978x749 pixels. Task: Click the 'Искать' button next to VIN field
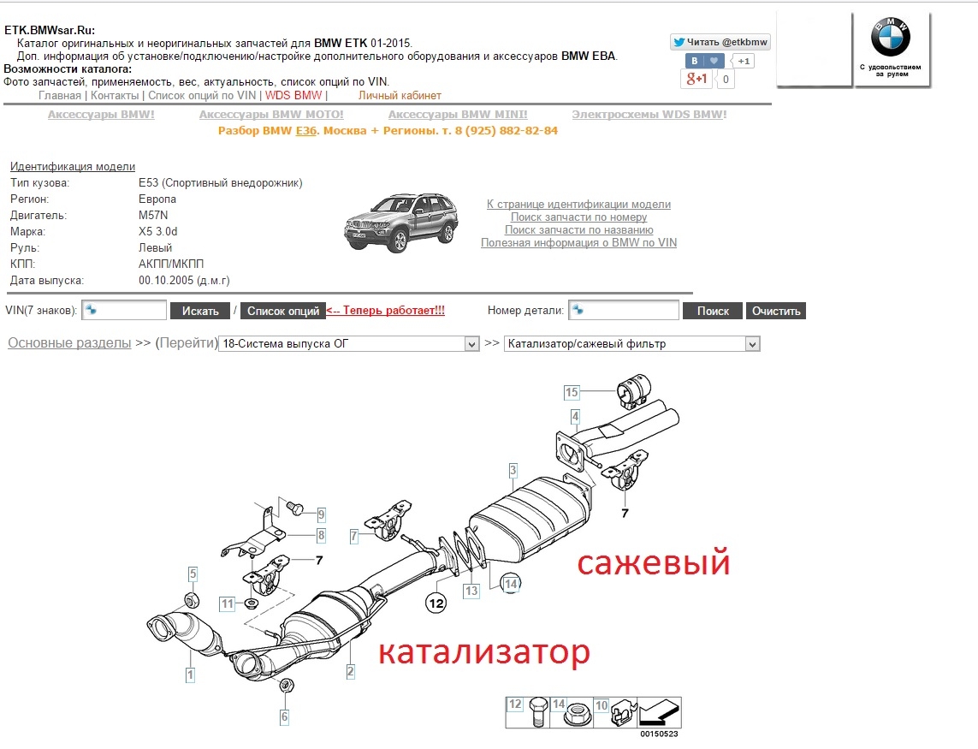tap(200, 311)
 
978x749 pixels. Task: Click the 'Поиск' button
tap(712, 311)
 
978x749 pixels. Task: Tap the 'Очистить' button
tap(776, 311)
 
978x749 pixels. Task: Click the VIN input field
tap(124, 310)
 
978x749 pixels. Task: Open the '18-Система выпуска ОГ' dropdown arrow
tap(471, 344)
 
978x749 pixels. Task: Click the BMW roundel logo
tap(891, 37)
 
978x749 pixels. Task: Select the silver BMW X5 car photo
tap(401, 223)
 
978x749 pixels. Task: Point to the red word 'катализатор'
tap(484, 652)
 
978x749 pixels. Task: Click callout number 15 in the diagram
tap(572, 392)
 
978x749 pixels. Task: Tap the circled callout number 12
tap(436, 603)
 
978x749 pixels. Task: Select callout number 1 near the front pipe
tap(190, 675)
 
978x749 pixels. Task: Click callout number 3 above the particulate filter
tap(513, 470)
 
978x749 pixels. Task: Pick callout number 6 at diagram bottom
tap(284, 716)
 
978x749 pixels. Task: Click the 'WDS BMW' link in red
tap(293, 96)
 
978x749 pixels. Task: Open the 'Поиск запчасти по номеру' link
tap(578, 217)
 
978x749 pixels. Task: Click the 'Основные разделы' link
tap(69, 343)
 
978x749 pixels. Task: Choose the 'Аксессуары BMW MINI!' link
tap(458, 114)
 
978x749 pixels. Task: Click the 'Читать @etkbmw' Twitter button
tap(721, 42)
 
